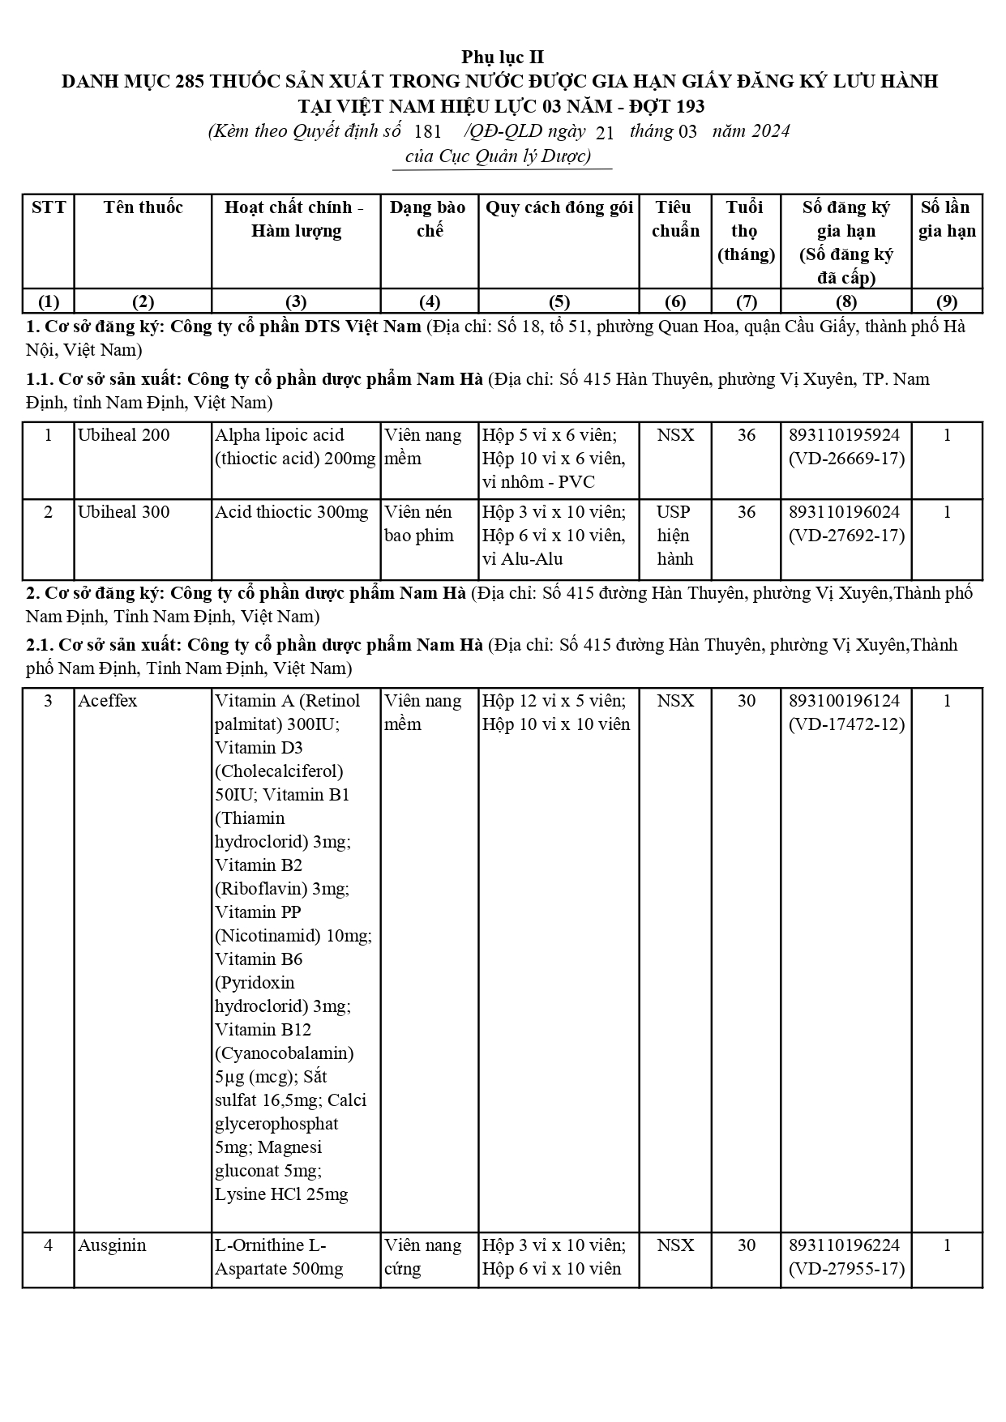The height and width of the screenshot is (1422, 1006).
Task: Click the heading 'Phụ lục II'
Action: [503, 57]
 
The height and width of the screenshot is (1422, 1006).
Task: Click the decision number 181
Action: [427, 132]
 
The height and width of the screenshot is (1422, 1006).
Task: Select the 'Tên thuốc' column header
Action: [143, 207]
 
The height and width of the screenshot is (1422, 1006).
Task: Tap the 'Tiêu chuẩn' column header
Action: [675, 219]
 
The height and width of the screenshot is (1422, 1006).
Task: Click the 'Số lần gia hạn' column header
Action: [946, 219]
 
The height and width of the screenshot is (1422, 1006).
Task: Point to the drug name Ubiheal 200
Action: [124, 435]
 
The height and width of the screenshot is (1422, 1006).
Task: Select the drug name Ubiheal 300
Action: [124, 512]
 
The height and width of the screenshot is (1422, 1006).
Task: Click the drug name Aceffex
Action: [108, 701]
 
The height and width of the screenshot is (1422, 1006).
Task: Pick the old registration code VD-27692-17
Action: [846, 536]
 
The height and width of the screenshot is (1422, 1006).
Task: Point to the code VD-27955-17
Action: [846, 1269]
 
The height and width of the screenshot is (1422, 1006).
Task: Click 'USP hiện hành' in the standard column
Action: [674, 536]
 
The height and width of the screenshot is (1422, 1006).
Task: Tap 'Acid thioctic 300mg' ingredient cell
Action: [292, 512]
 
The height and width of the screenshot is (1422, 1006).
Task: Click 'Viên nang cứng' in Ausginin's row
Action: [422, 1257]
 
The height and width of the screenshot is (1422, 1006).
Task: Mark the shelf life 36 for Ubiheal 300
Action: [746, 512]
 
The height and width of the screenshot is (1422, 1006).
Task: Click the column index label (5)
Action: [559, 302]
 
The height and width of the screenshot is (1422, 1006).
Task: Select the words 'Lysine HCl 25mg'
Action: [281, 1194]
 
